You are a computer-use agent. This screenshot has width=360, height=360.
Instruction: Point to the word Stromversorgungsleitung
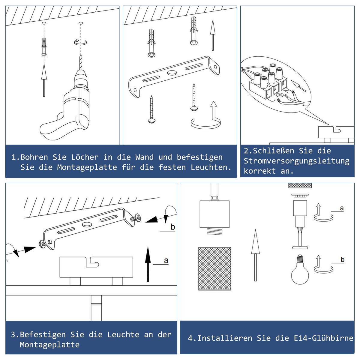[296, 161]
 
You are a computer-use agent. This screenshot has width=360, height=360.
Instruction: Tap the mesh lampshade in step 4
[214, 268]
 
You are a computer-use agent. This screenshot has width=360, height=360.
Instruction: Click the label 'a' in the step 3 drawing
[166, 261]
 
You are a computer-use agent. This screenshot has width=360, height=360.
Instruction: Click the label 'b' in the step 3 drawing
[172, 227]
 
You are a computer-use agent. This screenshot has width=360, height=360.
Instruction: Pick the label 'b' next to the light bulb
[342, 260]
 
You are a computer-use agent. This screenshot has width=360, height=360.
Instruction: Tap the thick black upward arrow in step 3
[148, 264]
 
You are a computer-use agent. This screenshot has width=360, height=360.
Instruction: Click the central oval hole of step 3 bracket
[87, 224]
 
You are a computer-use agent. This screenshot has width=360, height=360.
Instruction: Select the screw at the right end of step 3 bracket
[136, 217]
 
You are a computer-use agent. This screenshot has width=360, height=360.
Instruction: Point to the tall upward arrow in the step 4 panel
[255, 255]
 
